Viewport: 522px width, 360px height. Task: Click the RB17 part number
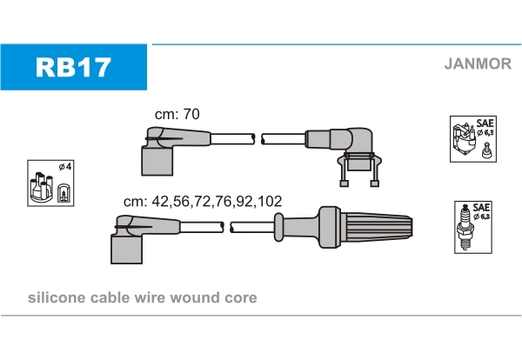(x=73, y=67)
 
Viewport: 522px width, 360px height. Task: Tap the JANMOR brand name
(x=478, y=63)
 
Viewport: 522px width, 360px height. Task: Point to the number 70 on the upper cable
(x=191, y=114)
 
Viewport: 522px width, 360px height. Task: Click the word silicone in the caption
(x=57, y=297)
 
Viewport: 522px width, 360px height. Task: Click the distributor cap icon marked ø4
(x=50, y=183)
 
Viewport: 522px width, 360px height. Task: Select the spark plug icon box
(x=473, y=227)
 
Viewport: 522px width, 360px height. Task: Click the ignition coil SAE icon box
(x=473, y=139)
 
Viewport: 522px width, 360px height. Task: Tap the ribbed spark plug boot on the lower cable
(x=365, y=227)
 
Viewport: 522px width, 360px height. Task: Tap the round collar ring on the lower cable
(x=278, y=227)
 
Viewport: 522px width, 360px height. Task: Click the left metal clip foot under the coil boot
(x=344, y=183)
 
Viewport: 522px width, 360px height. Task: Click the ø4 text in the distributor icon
(x=65, y=166)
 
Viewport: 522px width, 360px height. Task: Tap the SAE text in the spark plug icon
(x=481, y=208)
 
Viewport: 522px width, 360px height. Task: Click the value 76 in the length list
(x=224, y=201)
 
